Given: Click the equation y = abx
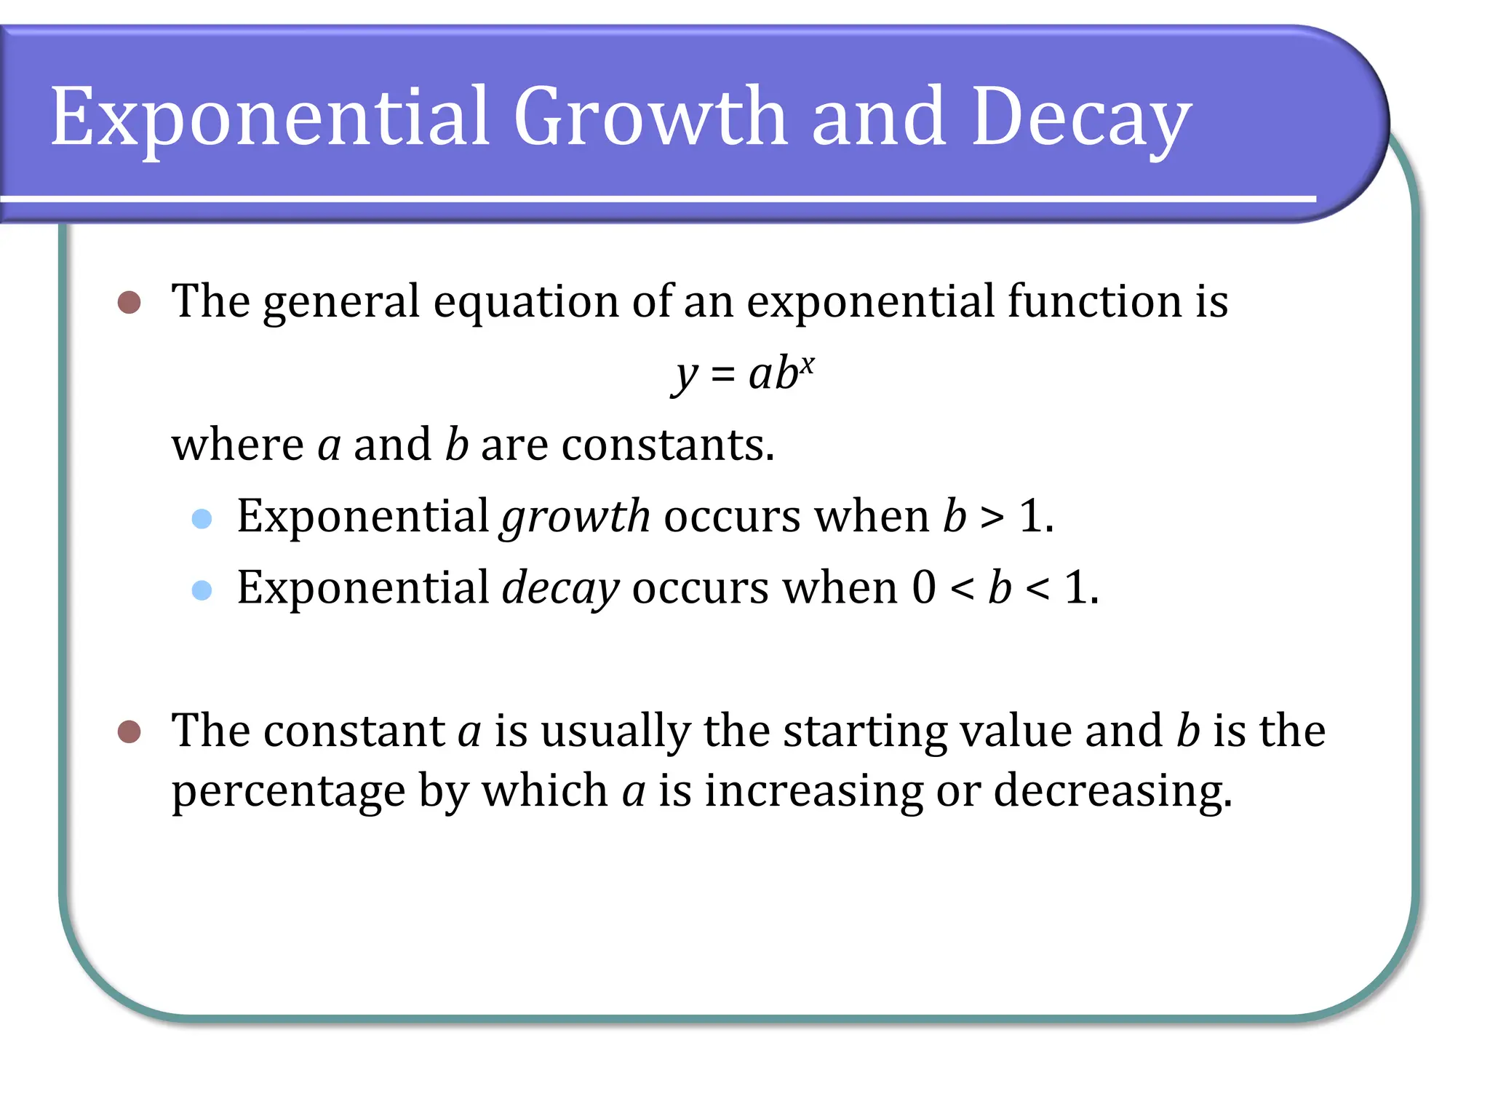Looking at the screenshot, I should (742, 375).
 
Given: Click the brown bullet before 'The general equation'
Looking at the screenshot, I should (130, 302).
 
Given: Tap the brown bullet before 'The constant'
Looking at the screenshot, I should (130, 732).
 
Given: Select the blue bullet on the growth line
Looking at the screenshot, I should (202, 518).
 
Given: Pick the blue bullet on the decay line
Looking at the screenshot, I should (202, 590).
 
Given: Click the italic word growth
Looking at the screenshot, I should (575, 517).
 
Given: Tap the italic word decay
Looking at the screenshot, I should (560, 588).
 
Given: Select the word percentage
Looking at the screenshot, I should (288, 792).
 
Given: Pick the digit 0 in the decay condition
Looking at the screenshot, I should (924, 588).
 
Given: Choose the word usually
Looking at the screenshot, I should (615, 732).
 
